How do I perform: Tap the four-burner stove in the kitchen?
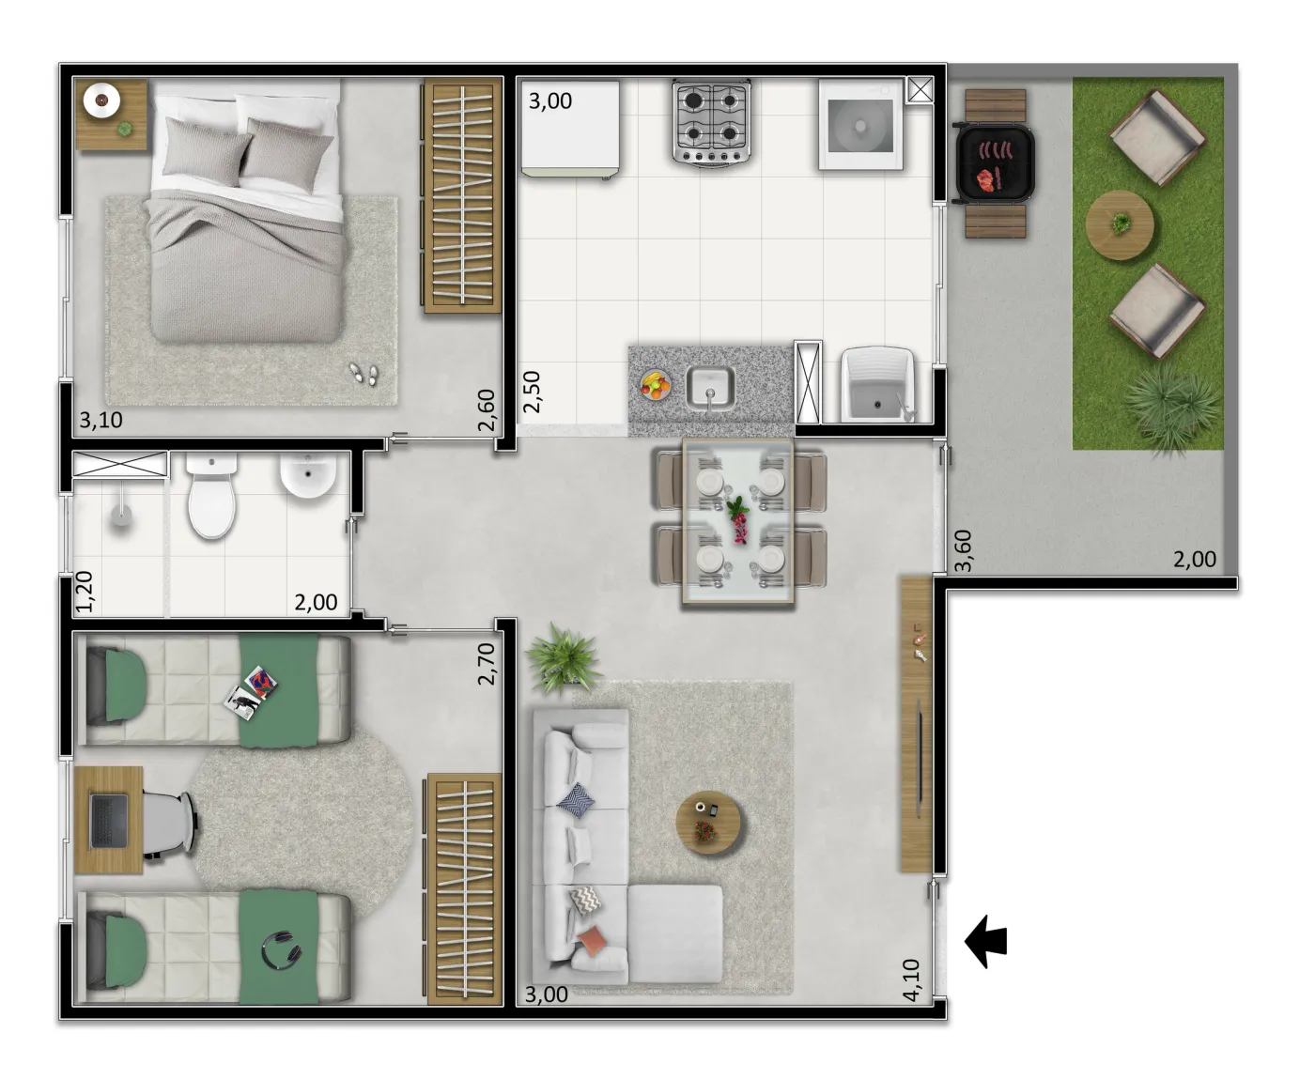[x=711, y=123]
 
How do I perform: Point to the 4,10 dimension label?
[x=911, y=979]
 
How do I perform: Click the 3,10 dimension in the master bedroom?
[x=101, y=420]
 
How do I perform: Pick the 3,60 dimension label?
[x=964, y=550]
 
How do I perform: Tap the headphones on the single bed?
[x=282, y=949]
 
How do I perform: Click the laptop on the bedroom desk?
[x=109, y=821]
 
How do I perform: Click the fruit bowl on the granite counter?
[x=656, y=384]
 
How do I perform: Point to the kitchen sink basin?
[x=710, y=388]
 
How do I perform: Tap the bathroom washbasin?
[x=308, y=475]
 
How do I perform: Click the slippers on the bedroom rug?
[x=364, y=374]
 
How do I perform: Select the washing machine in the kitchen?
[x=860, y=125]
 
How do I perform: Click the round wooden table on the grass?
[x=1120, y=225]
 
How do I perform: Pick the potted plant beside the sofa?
[x=564, y=659]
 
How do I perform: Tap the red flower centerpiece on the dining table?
[x=739, y=519]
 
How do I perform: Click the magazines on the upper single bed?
[x=251, y=692]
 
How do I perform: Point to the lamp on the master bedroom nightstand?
[x=101, y=100]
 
